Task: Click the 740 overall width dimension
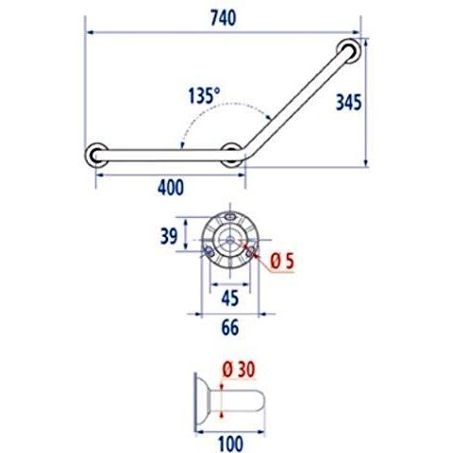223,18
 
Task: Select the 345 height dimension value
348,102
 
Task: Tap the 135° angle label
204,95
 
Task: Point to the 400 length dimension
171,188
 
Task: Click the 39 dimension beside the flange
169,236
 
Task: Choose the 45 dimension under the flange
230,298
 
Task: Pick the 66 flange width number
230,327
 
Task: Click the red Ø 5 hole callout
282,260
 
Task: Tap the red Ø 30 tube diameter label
239,369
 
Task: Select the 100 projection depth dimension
230,444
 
